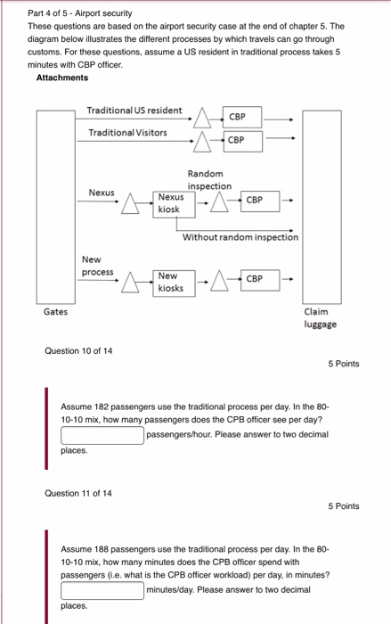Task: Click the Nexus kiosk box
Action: (x=170, y=203)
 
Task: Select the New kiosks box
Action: (x=170, y=283)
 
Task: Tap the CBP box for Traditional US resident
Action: (x=237, y=117)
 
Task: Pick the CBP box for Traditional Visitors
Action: (x=236, y=140)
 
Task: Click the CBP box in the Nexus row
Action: (x=255, y=201)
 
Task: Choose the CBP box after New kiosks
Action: (x=255, y=279)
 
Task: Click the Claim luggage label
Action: (x=320, y=318)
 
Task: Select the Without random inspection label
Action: (x=240, y=238)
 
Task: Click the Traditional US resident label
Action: (x=134, y=111)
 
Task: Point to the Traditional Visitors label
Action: (x=127, y=133)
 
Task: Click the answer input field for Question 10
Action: (x=102, y=435)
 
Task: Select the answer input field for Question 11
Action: (x=102, y=589)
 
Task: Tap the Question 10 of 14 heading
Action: (x=78, y=350)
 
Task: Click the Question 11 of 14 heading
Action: (x=78, y=493)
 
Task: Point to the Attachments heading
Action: (x=62, y=78)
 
